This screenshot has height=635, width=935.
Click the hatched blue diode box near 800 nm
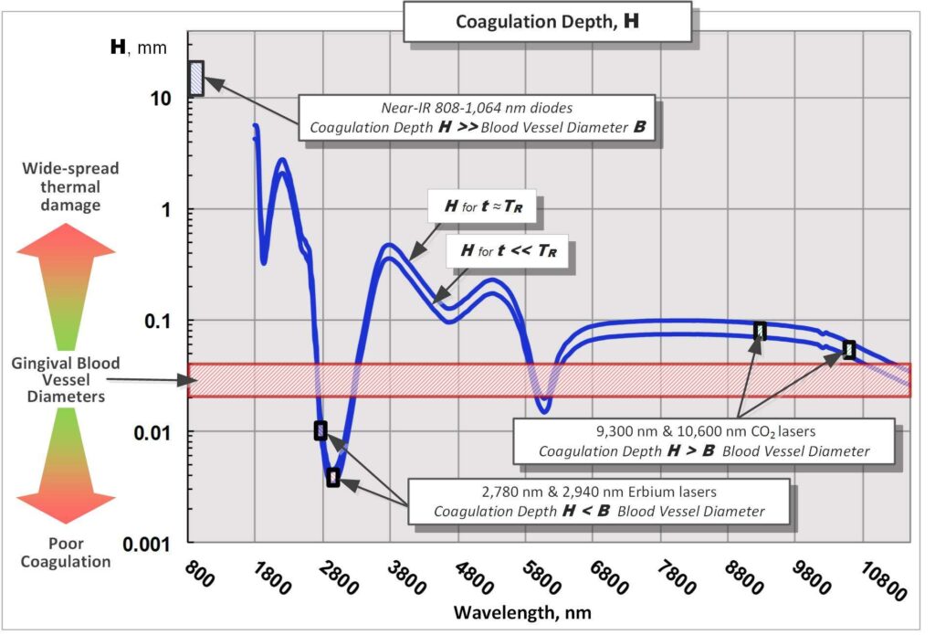(196, 78)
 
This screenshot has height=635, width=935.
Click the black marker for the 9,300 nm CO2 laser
(760, 331)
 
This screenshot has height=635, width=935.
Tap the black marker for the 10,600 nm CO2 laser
(849, 349)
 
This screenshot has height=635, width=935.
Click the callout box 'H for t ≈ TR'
(481, 207)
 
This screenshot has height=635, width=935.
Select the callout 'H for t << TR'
(511, 249)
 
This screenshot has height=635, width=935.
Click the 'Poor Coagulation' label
(66, 553)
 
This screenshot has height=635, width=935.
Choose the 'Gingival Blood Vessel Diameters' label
(66, 380)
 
